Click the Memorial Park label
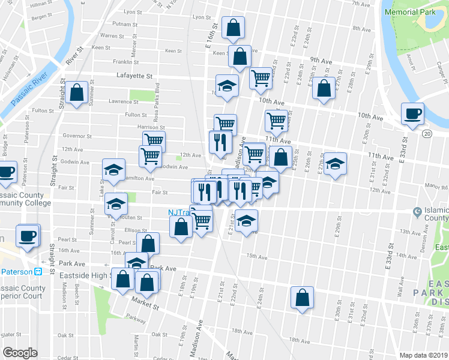pyautogui.click(x=411, y=11)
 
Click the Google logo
pyautogui.click(x=20, y=353)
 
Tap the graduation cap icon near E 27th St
pyautogui.click(x=336, y=162)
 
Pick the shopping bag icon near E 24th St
pyautogui.click(x=302, y=297)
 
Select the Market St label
pyautogui.click(x=146, y=306)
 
